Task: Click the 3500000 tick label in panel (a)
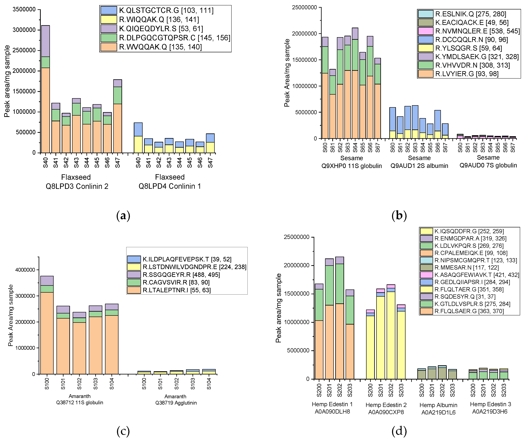(24, 10)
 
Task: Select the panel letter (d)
(399, 431)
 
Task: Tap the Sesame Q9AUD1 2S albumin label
(419, 162)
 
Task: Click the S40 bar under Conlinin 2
(45, 89)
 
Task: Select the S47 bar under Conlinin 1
(210, 143)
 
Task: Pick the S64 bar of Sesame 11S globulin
(355, 83)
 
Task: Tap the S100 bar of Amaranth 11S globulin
(47, 325)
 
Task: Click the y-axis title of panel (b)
(287, 73)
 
